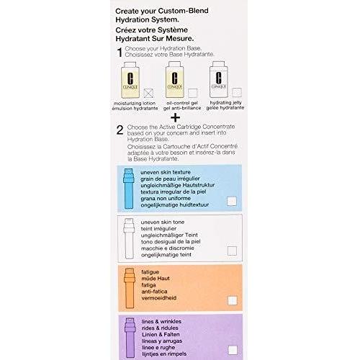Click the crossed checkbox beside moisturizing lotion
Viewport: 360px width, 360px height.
(x=148, y=93)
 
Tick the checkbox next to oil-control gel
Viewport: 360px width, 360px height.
(x=193, y=93)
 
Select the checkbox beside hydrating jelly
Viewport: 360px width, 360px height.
(x=237, y=92)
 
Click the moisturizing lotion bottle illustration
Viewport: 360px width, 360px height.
(x=130, y=80)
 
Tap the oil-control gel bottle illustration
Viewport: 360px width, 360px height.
(x=175, y=79)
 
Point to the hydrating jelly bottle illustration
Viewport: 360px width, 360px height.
(x=219, y=79)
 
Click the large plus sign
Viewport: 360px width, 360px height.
(x=175, y=117)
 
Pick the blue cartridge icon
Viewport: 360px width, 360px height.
(x=129, y=189)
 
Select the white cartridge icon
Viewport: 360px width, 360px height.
(x=129, y=238)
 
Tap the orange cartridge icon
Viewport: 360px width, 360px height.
(x=130, y=288)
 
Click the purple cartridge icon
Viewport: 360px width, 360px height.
(x=130, y=338)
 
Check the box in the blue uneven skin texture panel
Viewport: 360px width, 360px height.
(x=232, y=201)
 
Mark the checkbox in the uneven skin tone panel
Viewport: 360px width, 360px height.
(x=232, y=251)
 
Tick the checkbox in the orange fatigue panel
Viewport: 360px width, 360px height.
(x=233, y=300)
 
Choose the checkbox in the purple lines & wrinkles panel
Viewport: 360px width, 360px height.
(x=233, y=350)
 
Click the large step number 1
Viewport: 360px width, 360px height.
(x=120, y=52)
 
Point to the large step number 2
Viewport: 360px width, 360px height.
(x=120, y=130)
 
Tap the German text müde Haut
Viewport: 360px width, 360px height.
(x=156, y=279)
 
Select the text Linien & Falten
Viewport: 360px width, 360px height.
(x=161, y=334)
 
